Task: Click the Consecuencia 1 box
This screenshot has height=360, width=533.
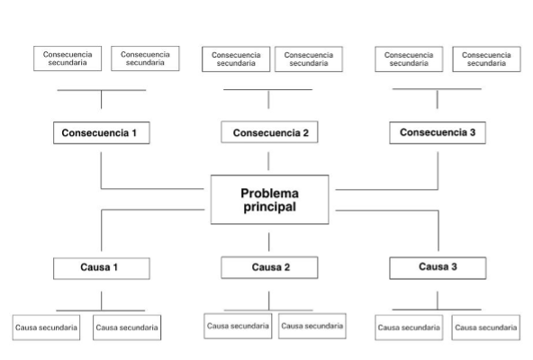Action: tap(102, 133)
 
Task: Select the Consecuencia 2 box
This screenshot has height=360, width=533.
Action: tap(269, 132)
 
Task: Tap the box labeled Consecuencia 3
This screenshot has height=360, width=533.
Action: tap(438, 132)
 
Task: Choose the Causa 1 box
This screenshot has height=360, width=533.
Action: tap(102, 268)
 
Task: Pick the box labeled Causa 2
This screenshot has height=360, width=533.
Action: tap(269, 268)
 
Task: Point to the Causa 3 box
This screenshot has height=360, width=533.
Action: tap(438, 268)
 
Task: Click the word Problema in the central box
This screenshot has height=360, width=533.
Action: tap(269, 193)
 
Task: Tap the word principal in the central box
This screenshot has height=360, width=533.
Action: tap(269, 207)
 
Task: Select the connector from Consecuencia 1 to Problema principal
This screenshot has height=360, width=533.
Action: tap(101, 188)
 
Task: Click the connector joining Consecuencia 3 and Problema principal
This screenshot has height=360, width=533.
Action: tap(438, 189)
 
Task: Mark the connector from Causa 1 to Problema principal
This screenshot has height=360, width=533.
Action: tap(102, 210)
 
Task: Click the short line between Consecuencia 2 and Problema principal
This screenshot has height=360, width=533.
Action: tap(268, 161)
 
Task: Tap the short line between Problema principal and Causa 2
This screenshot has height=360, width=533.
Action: tap(269, 242)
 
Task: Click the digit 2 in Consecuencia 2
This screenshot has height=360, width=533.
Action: tap(306, 132)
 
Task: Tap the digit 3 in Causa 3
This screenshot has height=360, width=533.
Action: tap(454, 266)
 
